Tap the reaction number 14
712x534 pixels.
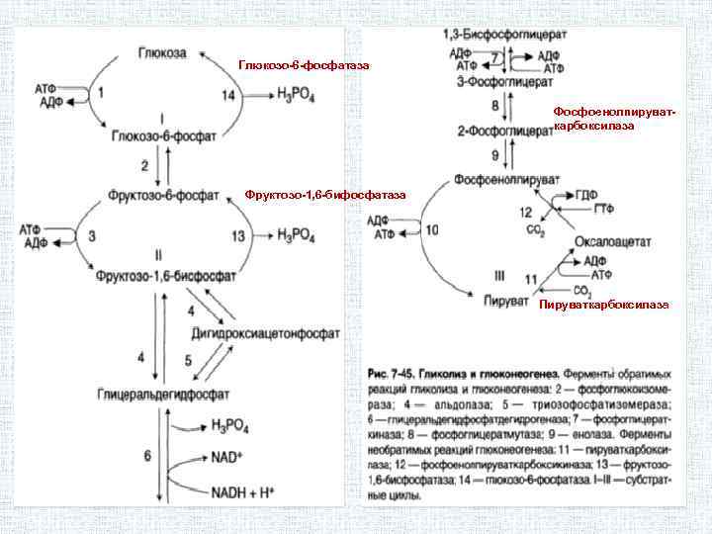[x=229, y=95]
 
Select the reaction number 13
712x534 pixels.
[x=237, y=235]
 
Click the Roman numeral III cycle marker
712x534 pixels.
[x=499, y=274]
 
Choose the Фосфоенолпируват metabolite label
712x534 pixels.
[x=507, y=179]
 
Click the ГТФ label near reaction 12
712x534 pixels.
[x=602, y=209]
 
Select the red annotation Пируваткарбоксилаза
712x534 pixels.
[x=603, y=305]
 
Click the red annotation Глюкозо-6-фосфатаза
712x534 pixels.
[x=305, y=65]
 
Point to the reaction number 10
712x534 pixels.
[x=432, y=230]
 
